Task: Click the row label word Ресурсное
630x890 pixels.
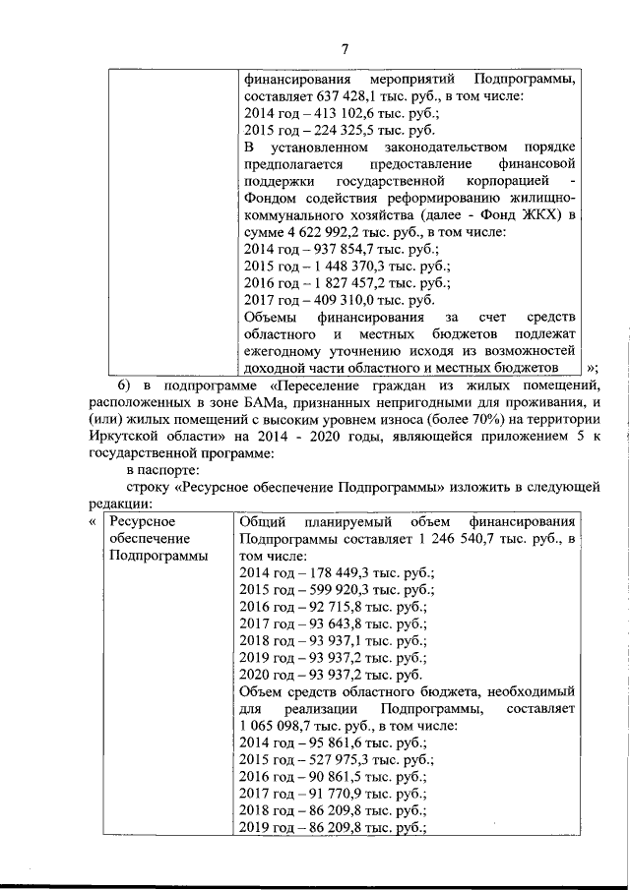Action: [143, 521]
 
